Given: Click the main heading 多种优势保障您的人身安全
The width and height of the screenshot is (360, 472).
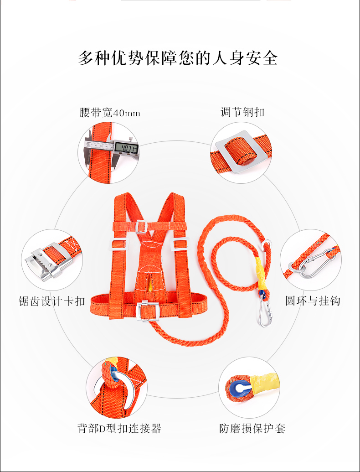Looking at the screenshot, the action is pos(178,57).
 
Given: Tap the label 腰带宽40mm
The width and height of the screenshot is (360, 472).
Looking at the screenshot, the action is pos(110,113).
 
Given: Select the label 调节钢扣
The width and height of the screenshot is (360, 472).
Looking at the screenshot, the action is pos(242,112).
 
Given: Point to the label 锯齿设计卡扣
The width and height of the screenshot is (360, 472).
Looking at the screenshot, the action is pos(52,301).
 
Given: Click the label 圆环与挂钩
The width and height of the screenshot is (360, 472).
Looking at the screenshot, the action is pos(313,301).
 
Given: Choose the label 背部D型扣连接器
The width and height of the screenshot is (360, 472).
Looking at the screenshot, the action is pos(119,428).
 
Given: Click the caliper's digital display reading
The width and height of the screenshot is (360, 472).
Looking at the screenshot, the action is pos(127,148).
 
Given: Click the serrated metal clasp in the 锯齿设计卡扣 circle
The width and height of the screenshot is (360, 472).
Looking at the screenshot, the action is pos(46,262).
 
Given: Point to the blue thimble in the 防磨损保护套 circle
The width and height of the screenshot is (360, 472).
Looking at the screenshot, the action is pos(239,389).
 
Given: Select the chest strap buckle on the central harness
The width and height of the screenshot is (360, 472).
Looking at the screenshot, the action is pos(141,226).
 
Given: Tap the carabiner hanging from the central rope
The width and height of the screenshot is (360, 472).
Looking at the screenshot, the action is pos(266,312).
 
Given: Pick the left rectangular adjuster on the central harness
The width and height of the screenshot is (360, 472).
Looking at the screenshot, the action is pos(119,244).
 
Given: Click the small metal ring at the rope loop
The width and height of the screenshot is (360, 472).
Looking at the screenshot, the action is pos(267,245).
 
